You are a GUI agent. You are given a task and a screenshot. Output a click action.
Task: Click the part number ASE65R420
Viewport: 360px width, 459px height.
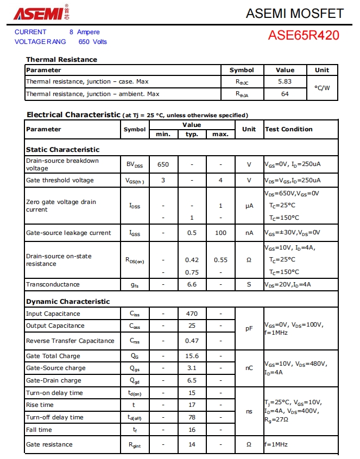(x=304, y=36)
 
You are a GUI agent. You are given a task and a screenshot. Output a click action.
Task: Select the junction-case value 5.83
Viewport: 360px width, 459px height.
(x=285, y=81)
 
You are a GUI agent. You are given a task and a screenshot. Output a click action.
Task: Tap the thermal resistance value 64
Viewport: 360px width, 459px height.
(x=285, y=94)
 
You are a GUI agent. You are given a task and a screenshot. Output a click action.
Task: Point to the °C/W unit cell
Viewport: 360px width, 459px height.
(x=322, y=88)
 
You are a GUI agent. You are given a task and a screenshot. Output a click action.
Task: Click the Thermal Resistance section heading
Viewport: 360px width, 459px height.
(x=61, y=60)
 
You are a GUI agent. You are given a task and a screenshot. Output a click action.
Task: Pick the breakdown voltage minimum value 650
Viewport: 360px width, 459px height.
(x=163, y=164)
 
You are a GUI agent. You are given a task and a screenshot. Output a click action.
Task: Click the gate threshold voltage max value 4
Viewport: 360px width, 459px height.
(x=220, y=180)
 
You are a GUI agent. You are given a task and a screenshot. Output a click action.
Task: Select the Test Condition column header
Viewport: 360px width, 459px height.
(x=288, y=129)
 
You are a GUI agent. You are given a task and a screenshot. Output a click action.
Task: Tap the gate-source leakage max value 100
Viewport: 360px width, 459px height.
(x=220, y=233)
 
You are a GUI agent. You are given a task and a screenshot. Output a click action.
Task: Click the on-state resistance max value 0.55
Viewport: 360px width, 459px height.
(x=220, y=260)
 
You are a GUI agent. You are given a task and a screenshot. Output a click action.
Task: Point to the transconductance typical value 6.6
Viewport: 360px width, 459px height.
(x=192, y=284)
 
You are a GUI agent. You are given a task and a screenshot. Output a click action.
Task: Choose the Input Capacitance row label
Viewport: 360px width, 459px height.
(x=53, y=314)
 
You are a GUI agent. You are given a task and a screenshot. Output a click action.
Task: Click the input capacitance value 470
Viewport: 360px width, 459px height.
(x=192, y=314)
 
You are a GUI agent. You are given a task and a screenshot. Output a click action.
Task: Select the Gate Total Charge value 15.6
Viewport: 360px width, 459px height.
(x=192, y=356)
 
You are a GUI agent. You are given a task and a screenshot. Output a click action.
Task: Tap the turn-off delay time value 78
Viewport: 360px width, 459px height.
(x=192, y=417)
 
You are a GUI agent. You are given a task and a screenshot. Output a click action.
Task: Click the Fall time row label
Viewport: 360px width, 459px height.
(x=39, y=430)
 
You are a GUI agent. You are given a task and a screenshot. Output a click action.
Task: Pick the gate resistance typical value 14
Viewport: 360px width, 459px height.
(x=192, y=444)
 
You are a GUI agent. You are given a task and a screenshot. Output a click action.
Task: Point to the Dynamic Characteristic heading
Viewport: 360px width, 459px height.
(x=68, y=302)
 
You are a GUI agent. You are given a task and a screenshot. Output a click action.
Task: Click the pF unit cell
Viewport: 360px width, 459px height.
(x=249, y=328)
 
